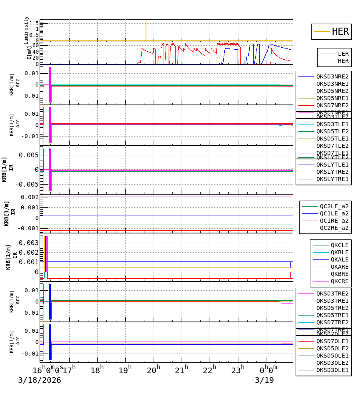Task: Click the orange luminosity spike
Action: tap(146, 30)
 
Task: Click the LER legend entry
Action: tap(343, 54)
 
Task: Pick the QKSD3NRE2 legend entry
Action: tap(332, 76)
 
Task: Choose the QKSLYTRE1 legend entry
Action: tap(332, 179)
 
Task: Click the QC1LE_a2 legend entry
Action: tap(334, 214)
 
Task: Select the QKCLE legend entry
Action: tap(339, 245)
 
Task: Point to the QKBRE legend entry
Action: tap(339, 274)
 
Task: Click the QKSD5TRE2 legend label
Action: tap(332, 308)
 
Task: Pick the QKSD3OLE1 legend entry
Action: tap(332, 370)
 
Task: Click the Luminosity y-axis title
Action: tap(26, 30)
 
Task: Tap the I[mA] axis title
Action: tap(29, 53)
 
